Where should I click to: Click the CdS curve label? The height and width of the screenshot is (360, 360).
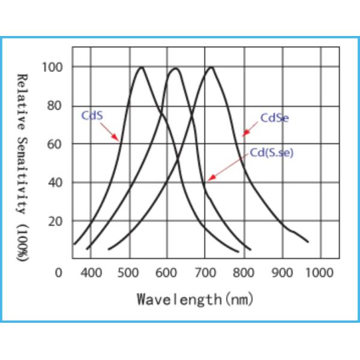[91, 115]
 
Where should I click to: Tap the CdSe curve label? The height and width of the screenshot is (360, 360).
[274, 118]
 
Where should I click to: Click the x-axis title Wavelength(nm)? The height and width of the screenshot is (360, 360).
[196, 298]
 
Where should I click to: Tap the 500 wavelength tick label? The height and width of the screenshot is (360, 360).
[128, 273]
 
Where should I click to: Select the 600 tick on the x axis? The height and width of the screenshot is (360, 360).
[166, 273]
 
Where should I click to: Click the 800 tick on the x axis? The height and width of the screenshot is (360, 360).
[242, 273]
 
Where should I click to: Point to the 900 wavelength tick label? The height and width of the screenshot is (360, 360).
[281, 273]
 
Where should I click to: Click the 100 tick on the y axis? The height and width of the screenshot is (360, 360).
[52, 67]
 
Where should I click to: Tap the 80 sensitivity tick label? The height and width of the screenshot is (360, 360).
[55, 106]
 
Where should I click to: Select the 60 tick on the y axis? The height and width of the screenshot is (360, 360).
[55, 144]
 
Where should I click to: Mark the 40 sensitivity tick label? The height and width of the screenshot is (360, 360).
[55, 182]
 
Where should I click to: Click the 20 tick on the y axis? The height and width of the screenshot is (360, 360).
[55, 221]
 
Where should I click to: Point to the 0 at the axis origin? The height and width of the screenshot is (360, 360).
[58, 273]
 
